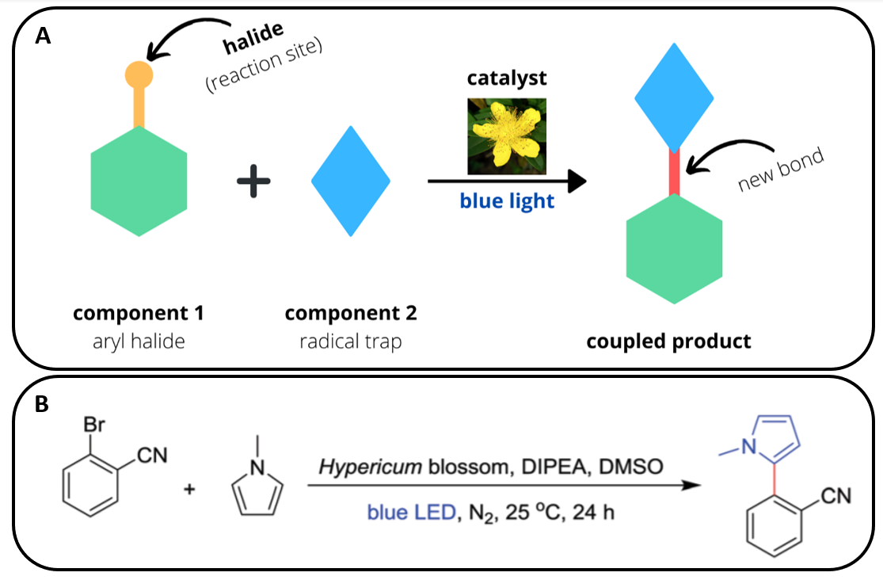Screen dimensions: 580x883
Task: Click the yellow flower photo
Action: (506, 135)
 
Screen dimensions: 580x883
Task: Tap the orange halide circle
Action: (139, 74)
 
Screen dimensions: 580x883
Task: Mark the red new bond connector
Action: (674, 172)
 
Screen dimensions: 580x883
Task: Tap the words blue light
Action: (507, 201)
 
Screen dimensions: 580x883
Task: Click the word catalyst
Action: (507, 78)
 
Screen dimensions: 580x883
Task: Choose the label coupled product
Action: (668, 342)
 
